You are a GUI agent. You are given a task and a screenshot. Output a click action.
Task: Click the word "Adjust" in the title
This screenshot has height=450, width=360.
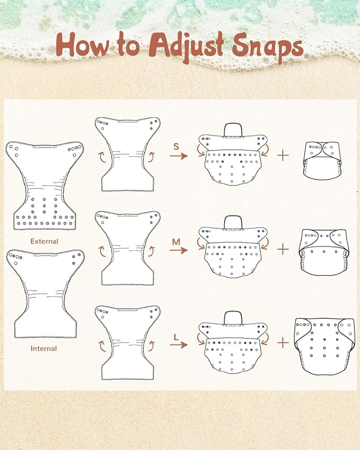(187, 46)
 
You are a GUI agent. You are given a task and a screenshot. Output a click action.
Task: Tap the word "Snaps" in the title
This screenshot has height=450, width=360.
(267, 47)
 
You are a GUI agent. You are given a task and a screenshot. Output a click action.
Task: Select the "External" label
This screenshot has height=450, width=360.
(44, 241)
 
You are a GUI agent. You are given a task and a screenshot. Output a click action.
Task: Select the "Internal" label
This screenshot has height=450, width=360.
(43, 348)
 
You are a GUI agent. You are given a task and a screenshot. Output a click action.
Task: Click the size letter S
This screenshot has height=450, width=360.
(176, 146)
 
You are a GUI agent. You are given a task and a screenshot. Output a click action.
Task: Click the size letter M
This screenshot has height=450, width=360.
(176, 242)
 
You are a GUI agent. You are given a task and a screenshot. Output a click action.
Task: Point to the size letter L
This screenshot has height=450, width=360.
(176, 337)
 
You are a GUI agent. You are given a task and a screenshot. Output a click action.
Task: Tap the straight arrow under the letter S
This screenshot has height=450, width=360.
(179, 156)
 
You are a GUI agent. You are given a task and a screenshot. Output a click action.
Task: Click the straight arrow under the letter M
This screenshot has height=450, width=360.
(179, 250)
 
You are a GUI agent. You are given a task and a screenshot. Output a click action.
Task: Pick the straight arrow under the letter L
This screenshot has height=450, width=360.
(179, 345)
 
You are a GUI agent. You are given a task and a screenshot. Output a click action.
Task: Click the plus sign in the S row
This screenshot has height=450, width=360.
(283, 155)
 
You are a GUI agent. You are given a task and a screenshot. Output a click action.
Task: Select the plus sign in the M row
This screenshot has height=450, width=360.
(283, 249)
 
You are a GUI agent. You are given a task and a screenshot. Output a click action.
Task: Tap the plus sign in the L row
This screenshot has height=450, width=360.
(283, 342)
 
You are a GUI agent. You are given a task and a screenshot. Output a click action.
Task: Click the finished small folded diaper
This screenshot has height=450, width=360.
(322, 161)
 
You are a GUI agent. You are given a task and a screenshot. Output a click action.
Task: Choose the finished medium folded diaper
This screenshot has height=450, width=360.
(323, 252)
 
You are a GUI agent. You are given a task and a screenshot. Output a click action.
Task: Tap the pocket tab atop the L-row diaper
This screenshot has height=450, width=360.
(233, 317)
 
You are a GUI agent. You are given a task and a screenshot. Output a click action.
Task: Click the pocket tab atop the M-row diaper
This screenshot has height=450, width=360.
(233, 222)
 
